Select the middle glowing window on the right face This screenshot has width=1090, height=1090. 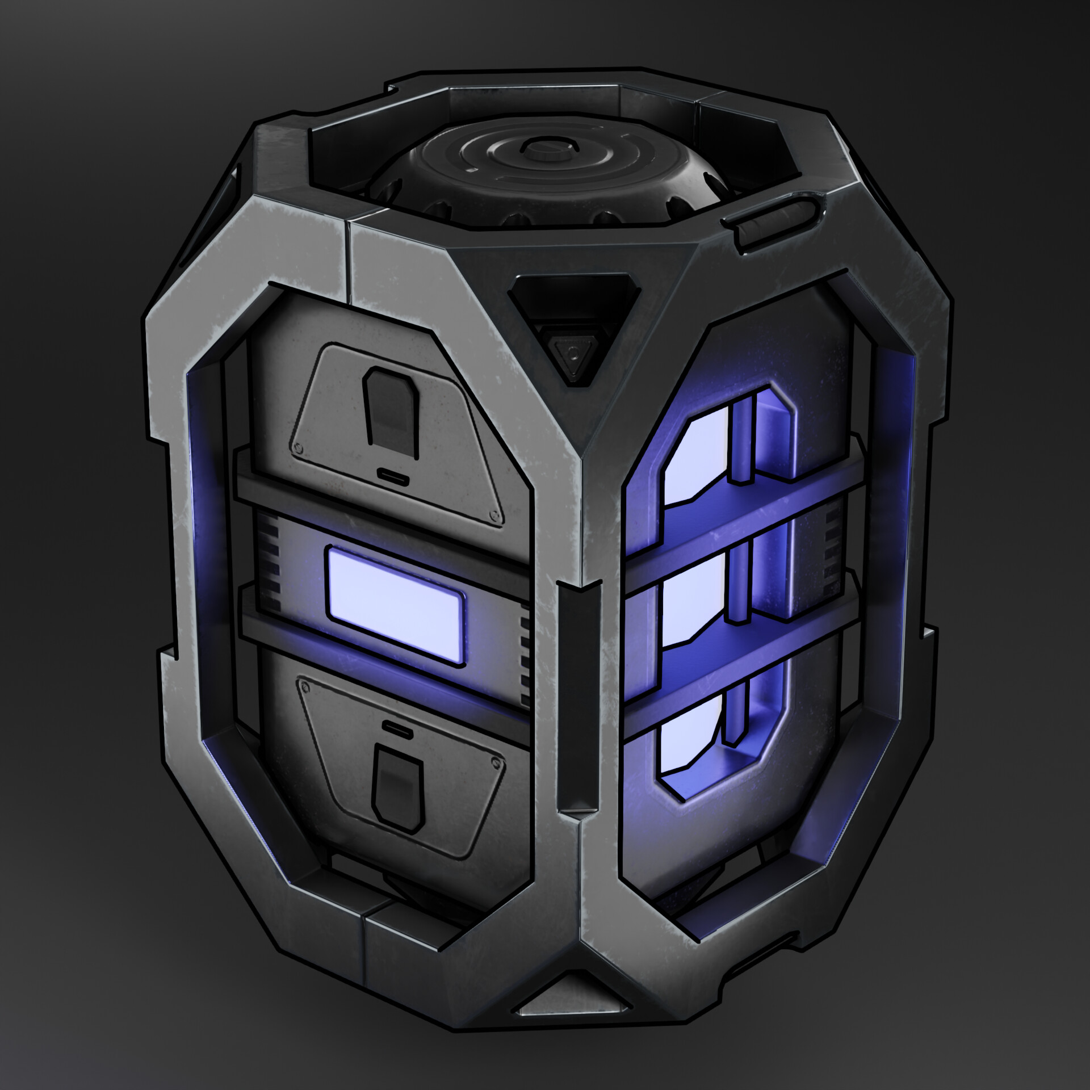(x=693, y=593)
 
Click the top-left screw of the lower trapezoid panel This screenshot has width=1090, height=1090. (x=307, y=688)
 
